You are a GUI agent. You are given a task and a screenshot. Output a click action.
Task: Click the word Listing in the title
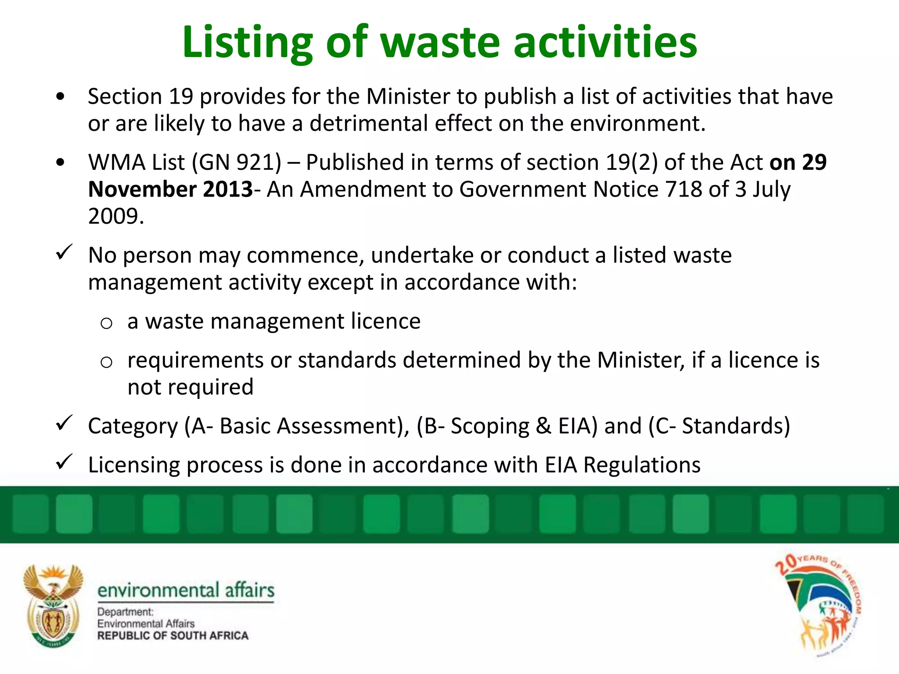(x=247, y=43)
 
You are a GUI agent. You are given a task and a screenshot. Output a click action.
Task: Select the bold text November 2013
(x=170, y=190)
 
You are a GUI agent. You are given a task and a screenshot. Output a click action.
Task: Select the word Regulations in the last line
(x=641, y=465)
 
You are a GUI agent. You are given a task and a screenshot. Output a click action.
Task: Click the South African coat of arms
(x=53, y=606)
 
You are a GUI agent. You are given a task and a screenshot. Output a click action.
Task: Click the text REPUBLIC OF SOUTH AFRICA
(x=173, y=636)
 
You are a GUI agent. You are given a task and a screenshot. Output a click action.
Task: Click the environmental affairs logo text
(x=186, y=590)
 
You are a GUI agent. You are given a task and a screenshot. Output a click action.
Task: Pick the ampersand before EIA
(x=543, y=426)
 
